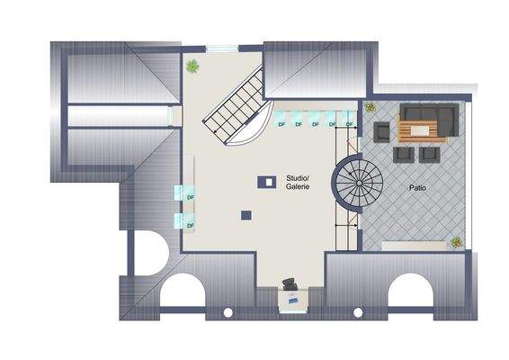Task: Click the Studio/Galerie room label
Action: [x=298, y=183]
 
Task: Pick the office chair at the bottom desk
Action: [x=290, y=285]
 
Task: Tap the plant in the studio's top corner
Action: [x=192, y=66]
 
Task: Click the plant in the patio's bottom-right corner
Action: [x=456, y=242]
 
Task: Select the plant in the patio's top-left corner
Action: [x=371, y=107]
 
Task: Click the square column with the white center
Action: [x=266, y=181]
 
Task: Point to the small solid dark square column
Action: [x=246, y=214]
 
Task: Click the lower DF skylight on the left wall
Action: [x=188, y=221]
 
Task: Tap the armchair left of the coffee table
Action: [x=384, y=131]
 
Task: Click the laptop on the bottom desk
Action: [x=290, y=298]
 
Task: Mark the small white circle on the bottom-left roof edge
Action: [x=228, y=312]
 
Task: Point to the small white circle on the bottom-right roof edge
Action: [x=357, y=312]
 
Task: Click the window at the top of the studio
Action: [x=220, y=48]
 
